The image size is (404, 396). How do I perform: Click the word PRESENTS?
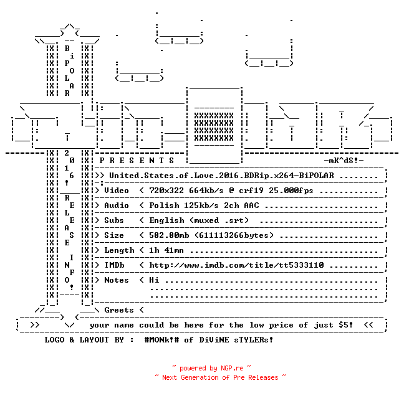(x=137, y=161)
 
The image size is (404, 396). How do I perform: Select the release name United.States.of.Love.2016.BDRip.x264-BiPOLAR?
(x=221, y=176)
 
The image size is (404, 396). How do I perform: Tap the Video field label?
(x=117, y=191)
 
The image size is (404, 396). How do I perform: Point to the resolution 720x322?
(x=166, y=191)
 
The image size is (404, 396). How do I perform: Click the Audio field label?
(x=117, y=205)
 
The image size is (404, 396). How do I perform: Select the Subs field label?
(x=114, y=220)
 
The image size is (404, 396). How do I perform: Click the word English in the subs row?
(x=166, y=220)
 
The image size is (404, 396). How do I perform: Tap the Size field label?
(x=114, y=235)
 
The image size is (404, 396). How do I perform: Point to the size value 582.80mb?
(x=169, y=235)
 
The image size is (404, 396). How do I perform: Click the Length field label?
(x=119, y=250)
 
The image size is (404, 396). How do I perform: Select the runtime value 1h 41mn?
(x=166, y=250)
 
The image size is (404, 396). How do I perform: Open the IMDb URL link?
(x=236, y=265)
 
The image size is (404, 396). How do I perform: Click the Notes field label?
(x=117, y=280)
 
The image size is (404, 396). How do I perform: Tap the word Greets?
(x=119, y=310)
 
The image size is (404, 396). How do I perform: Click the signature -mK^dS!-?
(x=344, y=161)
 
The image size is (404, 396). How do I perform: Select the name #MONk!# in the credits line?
(x=162, y=339)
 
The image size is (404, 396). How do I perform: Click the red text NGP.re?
(x=232, y=368)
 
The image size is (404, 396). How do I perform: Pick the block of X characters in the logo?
(x=214, y=126)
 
